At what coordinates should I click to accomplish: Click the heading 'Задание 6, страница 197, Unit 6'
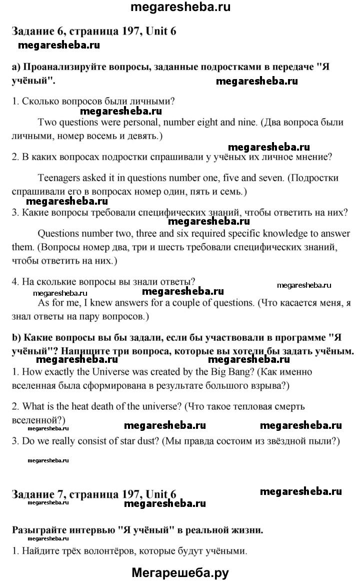click(x=93, y=31)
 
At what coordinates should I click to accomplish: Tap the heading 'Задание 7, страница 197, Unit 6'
click(x=93, y=495)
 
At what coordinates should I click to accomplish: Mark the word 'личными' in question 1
click(x=149, y=101)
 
